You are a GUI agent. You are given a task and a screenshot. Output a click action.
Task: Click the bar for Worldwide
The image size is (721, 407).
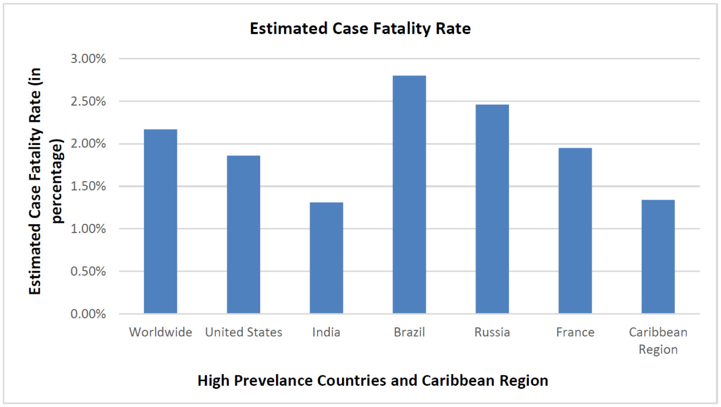(x=161, y=222)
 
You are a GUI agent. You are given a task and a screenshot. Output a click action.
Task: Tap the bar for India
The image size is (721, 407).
(x=326, y=258)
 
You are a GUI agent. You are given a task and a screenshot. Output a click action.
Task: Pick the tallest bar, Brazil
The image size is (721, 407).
(x=409, y=194)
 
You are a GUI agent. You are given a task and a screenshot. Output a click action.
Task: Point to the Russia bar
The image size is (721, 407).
(x=492, y=209)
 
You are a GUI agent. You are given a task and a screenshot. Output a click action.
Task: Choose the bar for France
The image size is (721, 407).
(x=575, y=231)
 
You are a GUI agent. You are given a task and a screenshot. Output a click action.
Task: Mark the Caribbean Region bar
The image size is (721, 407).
(x=658, y=256)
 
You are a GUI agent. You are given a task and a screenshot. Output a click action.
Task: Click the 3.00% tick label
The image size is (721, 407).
(x=88, y=59)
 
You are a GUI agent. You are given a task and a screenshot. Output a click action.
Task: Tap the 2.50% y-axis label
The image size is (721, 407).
(x=88, y=101)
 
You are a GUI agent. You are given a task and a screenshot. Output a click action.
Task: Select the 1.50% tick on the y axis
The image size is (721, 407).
(x=88, y=186)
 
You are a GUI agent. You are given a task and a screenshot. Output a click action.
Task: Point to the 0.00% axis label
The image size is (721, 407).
(x=88, y=314)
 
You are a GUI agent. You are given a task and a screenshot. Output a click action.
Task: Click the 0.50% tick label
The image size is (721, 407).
(x=88, y=271)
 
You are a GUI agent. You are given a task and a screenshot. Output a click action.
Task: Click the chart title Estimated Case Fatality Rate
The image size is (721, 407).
(x=360, y=28)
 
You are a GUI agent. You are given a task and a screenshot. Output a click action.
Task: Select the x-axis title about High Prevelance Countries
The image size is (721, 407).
(x=373, y=381)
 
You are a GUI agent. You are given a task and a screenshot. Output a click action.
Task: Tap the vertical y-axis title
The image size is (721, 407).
(x=45, y=181)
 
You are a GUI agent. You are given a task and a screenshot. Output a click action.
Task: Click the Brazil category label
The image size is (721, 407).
(x=409, y=332)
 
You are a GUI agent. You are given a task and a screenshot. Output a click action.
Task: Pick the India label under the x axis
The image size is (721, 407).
(x=326, y=332)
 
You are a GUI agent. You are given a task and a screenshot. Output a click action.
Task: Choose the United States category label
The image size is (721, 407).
(x=243, y=332)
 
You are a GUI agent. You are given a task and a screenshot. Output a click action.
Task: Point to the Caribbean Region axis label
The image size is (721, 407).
(x=658, y=341)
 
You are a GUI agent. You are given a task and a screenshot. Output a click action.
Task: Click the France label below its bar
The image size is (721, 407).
(x=575, y=332)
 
